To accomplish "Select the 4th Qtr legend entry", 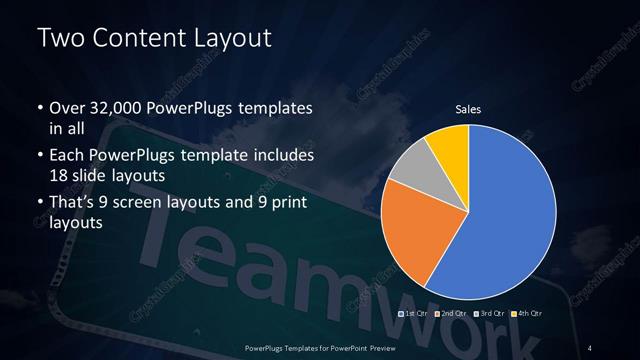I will point(530,315).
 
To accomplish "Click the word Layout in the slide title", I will point(224,38).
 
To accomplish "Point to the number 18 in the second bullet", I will point(60,176).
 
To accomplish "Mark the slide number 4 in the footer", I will point(591,347).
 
